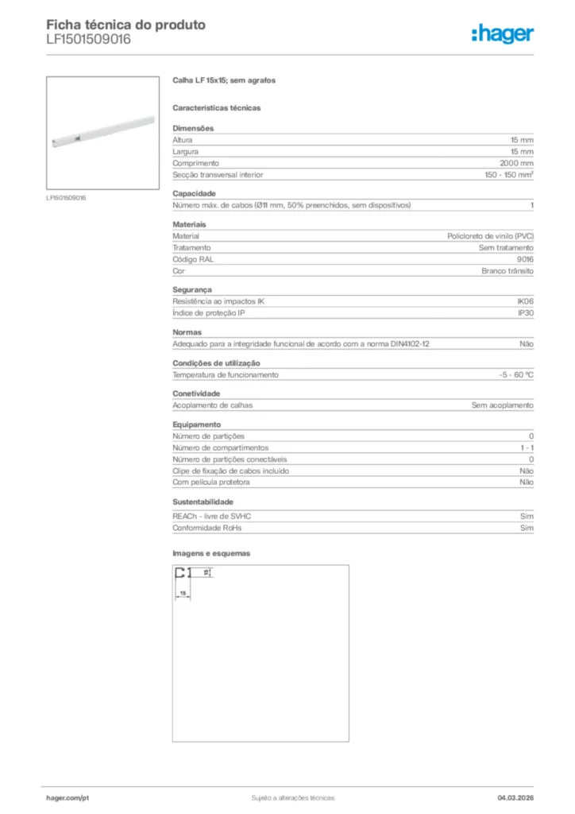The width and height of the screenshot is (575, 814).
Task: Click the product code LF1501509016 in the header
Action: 88,39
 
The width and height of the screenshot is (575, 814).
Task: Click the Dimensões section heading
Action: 193,128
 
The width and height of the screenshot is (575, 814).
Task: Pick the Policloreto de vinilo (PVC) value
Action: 490,236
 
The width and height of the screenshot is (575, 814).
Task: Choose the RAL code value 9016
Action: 525,259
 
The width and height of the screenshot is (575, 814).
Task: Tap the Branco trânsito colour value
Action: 507,271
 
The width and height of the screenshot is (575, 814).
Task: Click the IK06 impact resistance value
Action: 525,301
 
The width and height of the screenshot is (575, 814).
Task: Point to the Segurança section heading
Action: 192,289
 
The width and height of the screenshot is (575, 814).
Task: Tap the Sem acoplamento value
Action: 502,405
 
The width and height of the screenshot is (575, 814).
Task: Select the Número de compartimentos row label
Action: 221,448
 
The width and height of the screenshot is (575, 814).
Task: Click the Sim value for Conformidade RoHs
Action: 527,528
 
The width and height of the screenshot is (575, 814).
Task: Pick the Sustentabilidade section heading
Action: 203,502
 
